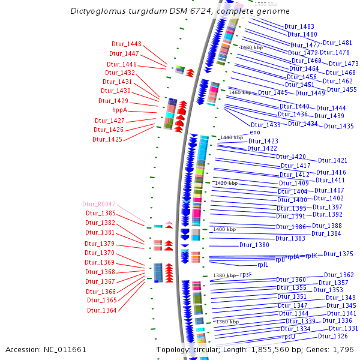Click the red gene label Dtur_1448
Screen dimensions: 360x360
click(x=126, y=44)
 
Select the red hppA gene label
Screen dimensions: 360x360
click(x=120, y=110)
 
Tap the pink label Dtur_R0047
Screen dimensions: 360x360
click(x=99, y=204)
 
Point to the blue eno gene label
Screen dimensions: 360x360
click(x=254, y=132)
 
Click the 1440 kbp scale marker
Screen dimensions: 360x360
click(x=231, y=137)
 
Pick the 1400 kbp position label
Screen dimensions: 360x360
click(x=225, y=229)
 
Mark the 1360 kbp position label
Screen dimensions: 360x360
click(x=227, y=322)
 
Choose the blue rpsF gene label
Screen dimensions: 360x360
click(x=245, y=274)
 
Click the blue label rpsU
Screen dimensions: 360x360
click(x=289, y=337)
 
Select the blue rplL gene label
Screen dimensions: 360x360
click(x=263, y=265)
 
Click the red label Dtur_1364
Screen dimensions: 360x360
click(x=101, y=310)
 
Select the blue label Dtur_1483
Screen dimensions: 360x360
click(x=299, y=27)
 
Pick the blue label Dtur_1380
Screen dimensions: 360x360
click(x=254, y=245)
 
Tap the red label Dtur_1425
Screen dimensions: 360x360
click(x=107, y=139)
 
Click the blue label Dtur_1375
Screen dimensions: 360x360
click(x=338, y=254)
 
